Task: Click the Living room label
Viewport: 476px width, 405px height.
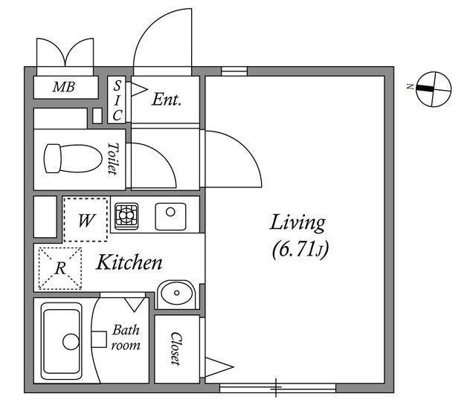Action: coord(297,224)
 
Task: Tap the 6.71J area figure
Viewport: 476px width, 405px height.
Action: coord(300,250)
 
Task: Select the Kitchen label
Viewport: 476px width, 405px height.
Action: coord(129,262)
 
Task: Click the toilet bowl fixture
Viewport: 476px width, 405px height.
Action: coord(73,158)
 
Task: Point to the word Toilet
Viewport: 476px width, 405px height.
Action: coord(112,159)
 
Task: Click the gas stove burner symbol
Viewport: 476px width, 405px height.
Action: coord(126,216)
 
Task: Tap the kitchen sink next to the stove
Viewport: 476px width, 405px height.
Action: coord(170,216)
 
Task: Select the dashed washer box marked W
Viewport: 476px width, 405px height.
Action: coord(86,220)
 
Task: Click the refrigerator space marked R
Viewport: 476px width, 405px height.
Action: coord(60,268)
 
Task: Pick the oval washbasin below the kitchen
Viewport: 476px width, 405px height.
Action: coord(177,293)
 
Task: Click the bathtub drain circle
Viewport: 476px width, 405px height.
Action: coord(71,342)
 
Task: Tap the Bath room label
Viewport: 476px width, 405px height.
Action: coord(126,337)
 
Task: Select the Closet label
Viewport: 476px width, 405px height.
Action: coord(176,349)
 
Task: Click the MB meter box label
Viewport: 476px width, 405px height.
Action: coord(64,87)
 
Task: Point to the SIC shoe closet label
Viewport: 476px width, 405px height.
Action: coord(118,100)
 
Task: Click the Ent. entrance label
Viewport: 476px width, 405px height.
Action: coord(167,99)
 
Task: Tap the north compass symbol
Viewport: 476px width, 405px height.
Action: coord(434,89)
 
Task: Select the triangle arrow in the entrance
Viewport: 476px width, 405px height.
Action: coord(139,89)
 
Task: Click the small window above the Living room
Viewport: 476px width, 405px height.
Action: coord(234,71)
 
